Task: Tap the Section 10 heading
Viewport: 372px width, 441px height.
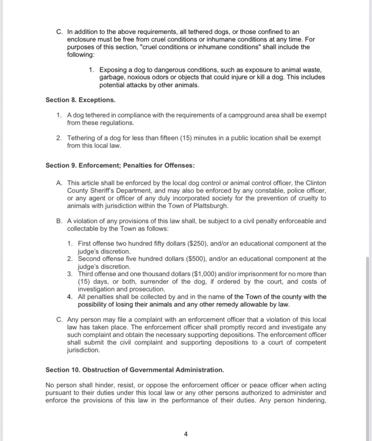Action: click(x=135, y=370)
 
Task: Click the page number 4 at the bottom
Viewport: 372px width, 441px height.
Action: click(x=186, y=434)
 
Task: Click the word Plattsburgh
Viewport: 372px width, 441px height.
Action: click(x=207, y=206)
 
